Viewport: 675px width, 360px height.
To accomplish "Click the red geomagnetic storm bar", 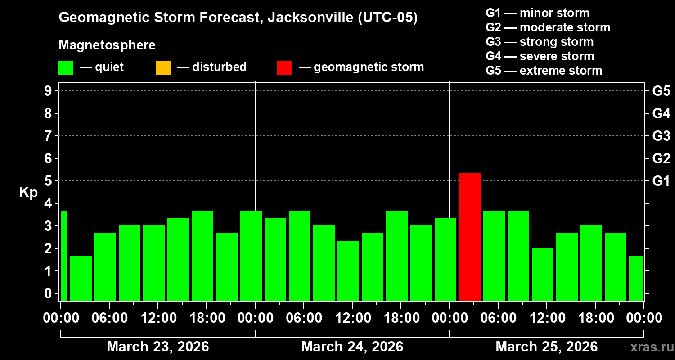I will pos(469,237).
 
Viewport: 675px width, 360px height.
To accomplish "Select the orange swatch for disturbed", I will pos(163,67).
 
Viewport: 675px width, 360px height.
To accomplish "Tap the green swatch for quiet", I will pos(66,67).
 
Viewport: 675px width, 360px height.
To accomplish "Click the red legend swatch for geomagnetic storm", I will pos(284,67).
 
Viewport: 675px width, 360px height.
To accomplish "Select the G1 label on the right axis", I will pos(661,181).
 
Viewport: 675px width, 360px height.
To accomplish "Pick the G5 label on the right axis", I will pos(661,91).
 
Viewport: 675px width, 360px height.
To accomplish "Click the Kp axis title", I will pos(28,193).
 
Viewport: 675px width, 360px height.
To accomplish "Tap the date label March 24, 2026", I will pos(352,347).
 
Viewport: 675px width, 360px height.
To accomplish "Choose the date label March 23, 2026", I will pos(157,347).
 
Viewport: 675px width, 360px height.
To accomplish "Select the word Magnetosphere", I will pos(107,45).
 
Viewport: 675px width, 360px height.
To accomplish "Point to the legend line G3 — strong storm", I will pos(540,42).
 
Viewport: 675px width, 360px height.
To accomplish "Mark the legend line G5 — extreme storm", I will pos(544,71).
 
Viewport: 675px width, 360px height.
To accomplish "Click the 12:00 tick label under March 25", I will pos(546,318).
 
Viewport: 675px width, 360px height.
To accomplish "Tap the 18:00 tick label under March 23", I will pos(206,318).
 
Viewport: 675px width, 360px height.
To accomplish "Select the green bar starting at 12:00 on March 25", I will pos(542,274).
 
